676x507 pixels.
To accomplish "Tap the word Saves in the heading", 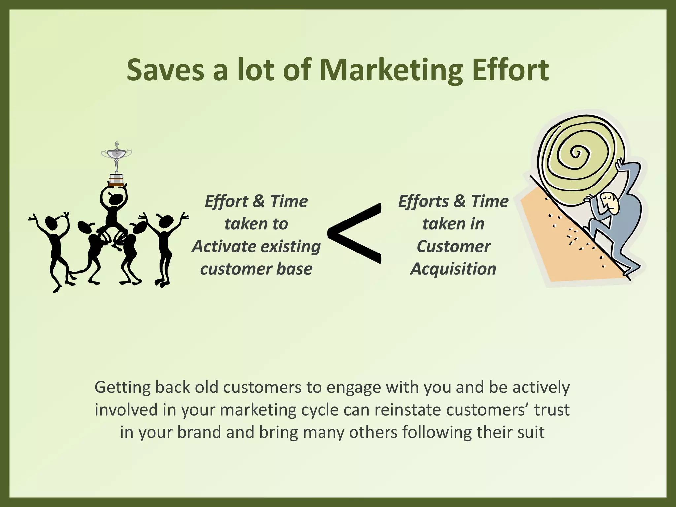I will click(x=165, y=70).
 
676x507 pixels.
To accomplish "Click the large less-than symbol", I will click(x=355, y=233).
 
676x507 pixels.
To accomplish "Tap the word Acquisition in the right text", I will click(x=453, y=269).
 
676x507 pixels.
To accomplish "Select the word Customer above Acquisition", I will click(x=453, y=246).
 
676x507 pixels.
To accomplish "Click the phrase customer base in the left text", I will click(x=256, y=269).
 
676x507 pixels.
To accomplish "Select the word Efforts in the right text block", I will click(x=423, y=201).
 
